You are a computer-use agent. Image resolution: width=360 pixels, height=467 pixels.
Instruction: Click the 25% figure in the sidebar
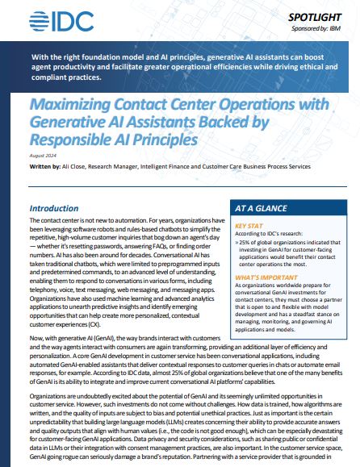point(244,244)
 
